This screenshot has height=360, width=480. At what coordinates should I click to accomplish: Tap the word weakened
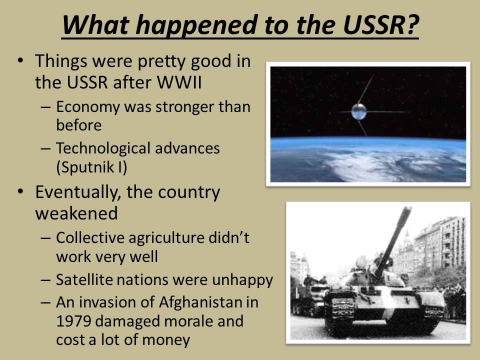(76, 213)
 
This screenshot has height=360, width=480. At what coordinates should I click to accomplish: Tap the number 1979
(73, 321)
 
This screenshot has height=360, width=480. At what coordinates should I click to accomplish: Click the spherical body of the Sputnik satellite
(359, 111)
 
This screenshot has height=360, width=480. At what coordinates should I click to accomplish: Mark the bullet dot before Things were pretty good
(20, 60)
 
